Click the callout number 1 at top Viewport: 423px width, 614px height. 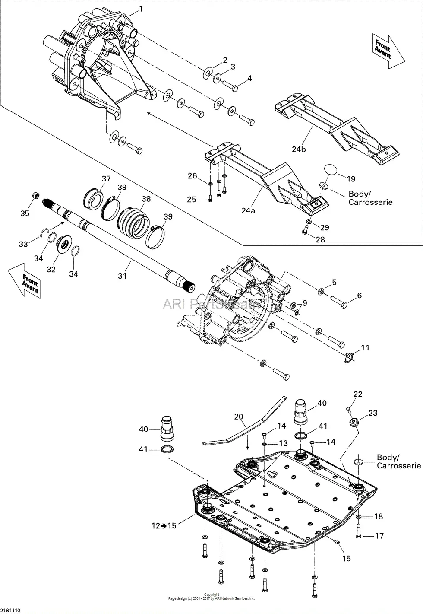[x=140, y=8]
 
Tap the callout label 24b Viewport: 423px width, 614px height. [x=299, y=149]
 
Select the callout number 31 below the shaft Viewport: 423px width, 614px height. [x=123, y=275]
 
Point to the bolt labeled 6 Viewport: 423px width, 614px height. [x=338, y=305]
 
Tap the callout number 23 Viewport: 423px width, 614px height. [x=372, y=413]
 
